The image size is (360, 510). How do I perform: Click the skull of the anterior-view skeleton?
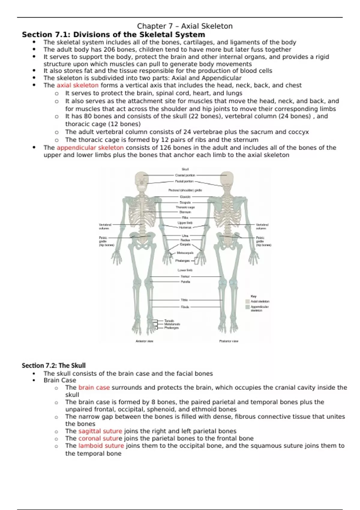(x=142, y=180)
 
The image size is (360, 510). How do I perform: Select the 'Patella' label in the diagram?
(x=185, y=282)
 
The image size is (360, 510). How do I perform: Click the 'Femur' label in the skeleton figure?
(x=185, y=276)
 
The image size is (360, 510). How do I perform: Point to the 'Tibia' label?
(x=184, y=300)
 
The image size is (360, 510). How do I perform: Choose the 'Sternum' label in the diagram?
(x=185, y=212)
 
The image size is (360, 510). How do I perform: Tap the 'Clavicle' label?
(x=185, y=197)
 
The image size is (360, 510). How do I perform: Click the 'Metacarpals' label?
(x=185, y=253)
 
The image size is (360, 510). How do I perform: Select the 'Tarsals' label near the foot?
(x=169, y=321)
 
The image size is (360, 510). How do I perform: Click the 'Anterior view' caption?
(x=145, y=341)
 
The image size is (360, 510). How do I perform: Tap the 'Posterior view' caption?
(x=229, y=341)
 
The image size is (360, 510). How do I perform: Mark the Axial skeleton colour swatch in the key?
(x=247, y=301)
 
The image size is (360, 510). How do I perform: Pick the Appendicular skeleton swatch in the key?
(x=247, y=307)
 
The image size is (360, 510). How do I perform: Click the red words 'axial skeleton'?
(x=77, y=85)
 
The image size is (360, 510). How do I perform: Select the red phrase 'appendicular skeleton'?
(x=90, y=148)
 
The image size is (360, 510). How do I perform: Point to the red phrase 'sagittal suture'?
(x=100, y=431)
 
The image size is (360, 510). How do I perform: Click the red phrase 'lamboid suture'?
(x=101, y=446)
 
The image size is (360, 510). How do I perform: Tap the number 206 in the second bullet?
(x=109, y=49)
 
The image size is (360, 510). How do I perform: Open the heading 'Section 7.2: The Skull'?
(x=54, y=365)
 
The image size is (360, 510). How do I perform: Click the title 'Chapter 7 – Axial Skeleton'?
(x=185, y=26)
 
